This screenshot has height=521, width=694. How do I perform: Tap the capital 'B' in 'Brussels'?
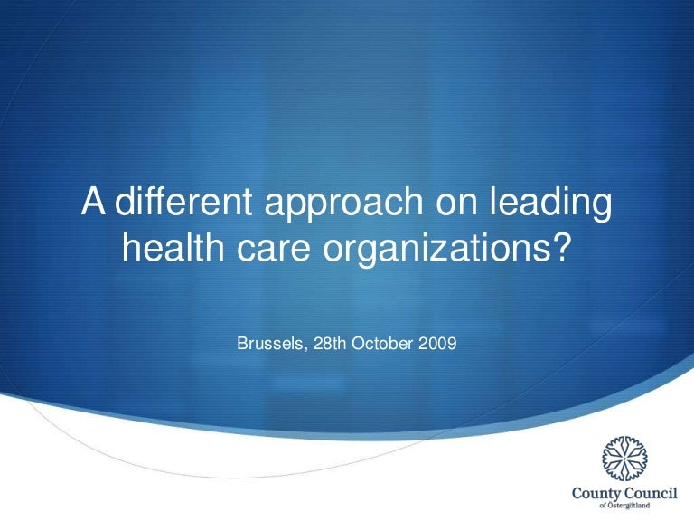(241, 345)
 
